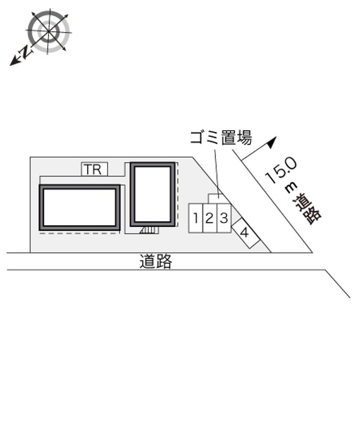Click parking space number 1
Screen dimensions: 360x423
[196, 218]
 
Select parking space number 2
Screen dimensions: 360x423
[210, 218]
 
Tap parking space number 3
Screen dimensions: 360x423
[224, 218]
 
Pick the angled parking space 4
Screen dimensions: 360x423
[246, 233]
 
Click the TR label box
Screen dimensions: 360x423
[94, 169]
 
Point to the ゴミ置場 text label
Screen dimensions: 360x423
[221, 138]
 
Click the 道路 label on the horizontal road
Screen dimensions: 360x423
[156, 261]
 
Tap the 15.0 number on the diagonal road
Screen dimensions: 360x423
[281, 171]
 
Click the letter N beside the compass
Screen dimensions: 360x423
[26, 52]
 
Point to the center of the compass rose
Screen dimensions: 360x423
[48, 32]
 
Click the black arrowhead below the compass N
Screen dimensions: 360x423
[14, 62]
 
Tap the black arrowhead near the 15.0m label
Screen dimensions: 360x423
[272, 142]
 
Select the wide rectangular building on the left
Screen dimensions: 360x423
[80, 207]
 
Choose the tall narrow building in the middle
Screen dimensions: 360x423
[153, 194]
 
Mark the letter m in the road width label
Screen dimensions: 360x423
[292, 187]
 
